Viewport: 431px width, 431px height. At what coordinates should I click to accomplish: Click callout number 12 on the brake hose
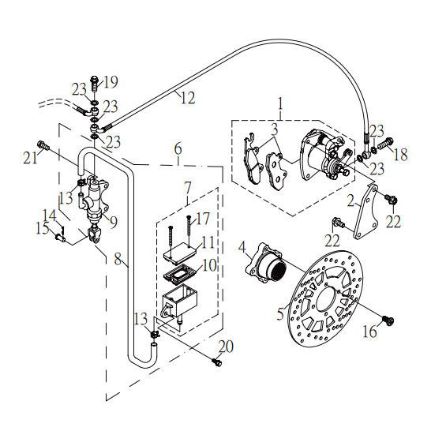[186, 99]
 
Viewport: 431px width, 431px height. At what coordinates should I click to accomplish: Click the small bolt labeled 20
[218, 362]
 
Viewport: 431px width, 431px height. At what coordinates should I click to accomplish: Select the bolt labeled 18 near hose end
[384, 144]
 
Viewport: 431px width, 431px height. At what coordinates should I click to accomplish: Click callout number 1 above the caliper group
[278, 103]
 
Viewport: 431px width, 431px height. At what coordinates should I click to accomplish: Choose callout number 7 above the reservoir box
[186, 188]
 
